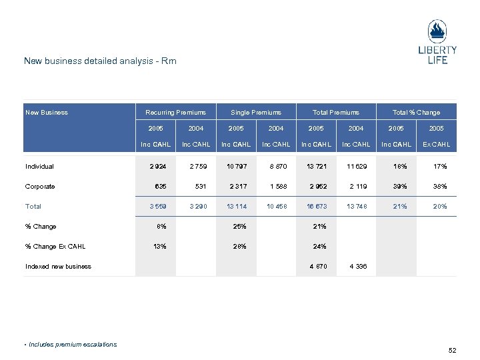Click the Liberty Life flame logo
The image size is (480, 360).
437,33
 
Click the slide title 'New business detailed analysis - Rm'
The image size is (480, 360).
100,61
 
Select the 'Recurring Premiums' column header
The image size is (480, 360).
176,113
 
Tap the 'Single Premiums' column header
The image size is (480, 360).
256,113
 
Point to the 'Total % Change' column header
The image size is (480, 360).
416,113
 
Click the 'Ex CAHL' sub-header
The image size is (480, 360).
436,145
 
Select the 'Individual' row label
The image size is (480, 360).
39,167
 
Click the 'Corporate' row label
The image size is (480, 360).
40,187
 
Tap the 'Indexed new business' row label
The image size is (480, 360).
58,267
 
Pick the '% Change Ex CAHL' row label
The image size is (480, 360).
55,247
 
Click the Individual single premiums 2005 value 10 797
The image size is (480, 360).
237,167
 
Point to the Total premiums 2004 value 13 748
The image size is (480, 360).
357,207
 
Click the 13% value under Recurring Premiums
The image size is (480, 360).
160,247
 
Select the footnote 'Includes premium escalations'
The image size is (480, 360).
72,345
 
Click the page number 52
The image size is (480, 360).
453,350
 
